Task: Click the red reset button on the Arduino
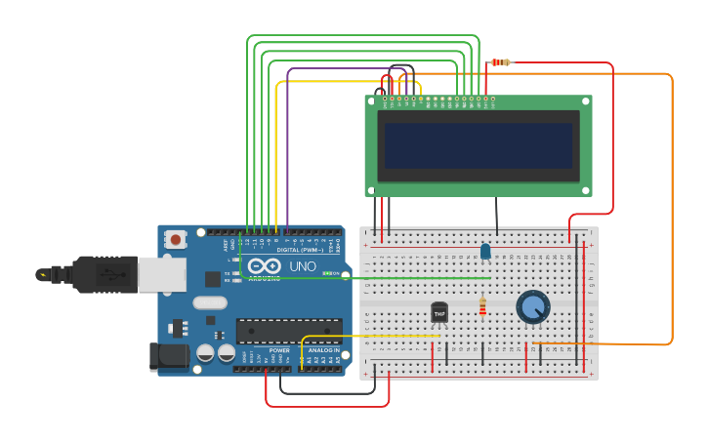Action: pos(175,238)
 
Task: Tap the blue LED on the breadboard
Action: pos(485,252)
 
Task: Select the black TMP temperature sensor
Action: pos(439,312)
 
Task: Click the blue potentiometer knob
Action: pos(532,306)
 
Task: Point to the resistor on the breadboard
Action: pos(482,307)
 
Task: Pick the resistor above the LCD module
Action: pos(500,62)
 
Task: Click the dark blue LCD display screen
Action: pos(478,145)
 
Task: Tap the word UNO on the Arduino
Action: pos(302,266)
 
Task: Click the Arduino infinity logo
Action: pos(264,265)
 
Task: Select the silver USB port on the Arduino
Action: pos(161,274)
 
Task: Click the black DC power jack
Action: pos(168,356)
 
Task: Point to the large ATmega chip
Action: pos(289,331)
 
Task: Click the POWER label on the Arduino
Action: pos(279,350)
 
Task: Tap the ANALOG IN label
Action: pos(323,350)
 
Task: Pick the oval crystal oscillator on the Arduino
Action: pos(210,302)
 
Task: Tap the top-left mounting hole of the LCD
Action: pos(372,101)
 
